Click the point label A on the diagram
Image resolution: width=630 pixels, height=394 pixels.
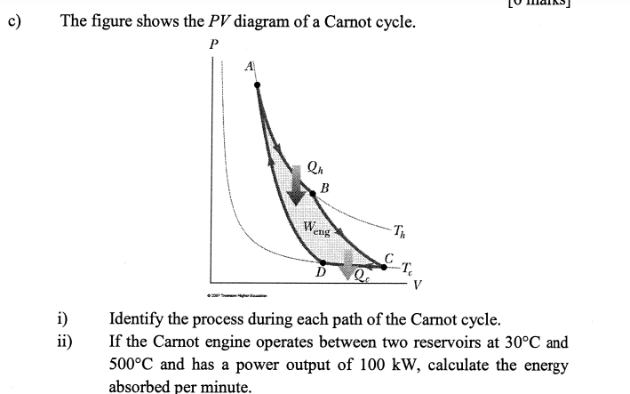[250, 66]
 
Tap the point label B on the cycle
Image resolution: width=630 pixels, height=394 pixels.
[324, 188]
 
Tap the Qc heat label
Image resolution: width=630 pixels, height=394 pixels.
[363, 278]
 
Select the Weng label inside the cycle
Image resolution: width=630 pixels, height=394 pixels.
[315, 229]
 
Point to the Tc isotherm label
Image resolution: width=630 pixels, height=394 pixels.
[406, 268]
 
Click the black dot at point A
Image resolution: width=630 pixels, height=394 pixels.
[258, 85]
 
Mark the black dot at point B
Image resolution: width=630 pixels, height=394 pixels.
[313, 193]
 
